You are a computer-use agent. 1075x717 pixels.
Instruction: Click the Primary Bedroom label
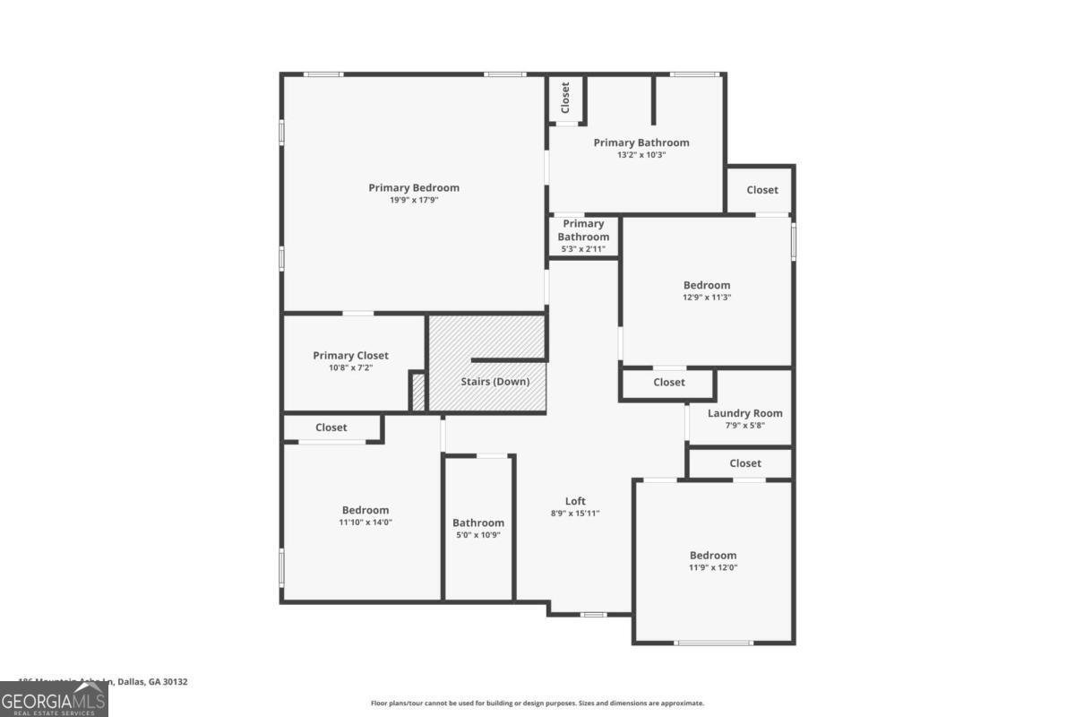[x=414, y=187]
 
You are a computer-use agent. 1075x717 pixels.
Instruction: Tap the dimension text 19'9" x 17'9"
[x=414, y=200]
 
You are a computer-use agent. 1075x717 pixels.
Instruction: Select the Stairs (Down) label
[x=495, y=381]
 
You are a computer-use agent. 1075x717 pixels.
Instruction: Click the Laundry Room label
[x=744, y=413]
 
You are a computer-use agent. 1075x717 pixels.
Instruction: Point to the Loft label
[x=575, y=501]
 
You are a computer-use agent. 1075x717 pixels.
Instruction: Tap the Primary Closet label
[x=350, y=355]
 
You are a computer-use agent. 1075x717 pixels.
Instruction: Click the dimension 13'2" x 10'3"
[x=641, y=154]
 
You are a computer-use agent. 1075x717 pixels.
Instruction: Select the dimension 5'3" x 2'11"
[x=583, y=248]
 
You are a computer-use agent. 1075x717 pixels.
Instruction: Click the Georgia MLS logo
[x=54, y=698]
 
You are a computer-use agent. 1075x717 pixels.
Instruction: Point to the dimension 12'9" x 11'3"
[x=707, y=297]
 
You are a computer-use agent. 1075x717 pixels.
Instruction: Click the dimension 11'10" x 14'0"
[x=365, y=522]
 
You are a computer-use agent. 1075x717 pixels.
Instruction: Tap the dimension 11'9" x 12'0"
[x=713, y=566]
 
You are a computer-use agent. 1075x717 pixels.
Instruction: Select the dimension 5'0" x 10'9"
[x=477, y=534]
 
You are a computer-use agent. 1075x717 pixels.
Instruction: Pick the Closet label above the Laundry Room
[x=669, y=382]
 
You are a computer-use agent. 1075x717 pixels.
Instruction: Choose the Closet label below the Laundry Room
[x=745, y=463]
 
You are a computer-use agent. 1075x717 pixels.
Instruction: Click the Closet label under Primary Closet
[x=331, y=428]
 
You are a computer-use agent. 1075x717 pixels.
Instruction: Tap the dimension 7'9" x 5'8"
[x=744, y=425]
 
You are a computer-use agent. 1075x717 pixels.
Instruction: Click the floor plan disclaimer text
[x=537, y=703]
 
